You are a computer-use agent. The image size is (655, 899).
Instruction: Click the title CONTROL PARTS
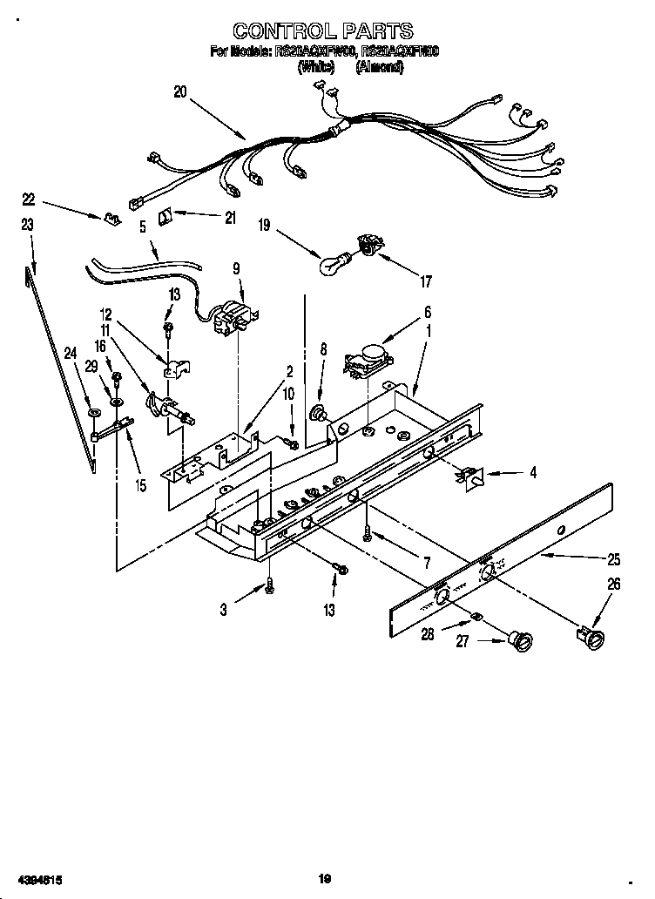click(x=324, y=32)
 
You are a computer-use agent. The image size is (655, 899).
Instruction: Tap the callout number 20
click(x=180, y=91)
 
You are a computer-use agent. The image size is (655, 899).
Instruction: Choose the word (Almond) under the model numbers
click(x=379, y=66)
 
